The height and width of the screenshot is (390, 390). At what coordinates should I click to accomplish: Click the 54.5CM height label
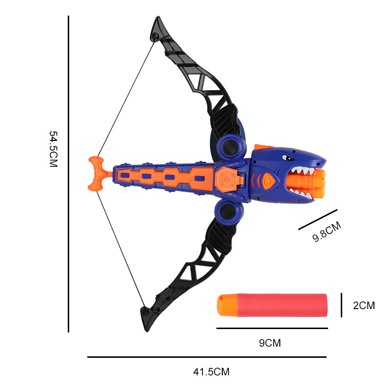point(54,149)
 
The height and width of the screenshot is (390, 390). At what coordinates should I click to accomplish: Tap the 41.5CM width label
point(212,372)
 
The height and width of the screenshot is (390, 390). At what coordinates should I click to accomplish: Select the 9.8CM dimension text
point(327,232)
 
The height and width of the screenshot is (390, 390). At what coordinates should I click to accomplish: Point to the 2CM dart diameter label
point(364,306)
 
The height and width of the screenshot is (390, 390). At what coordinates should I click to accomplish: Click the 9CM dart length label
point(270,343)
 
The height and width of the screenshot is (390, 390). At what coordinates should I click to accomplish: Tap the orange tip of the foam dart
point(227,305)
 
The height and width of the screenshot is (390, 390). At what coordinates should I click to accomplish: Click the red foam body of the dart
point(282,305)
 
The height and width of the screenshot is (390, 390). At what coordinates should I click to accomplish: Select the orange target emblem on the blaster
point(226,179)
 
